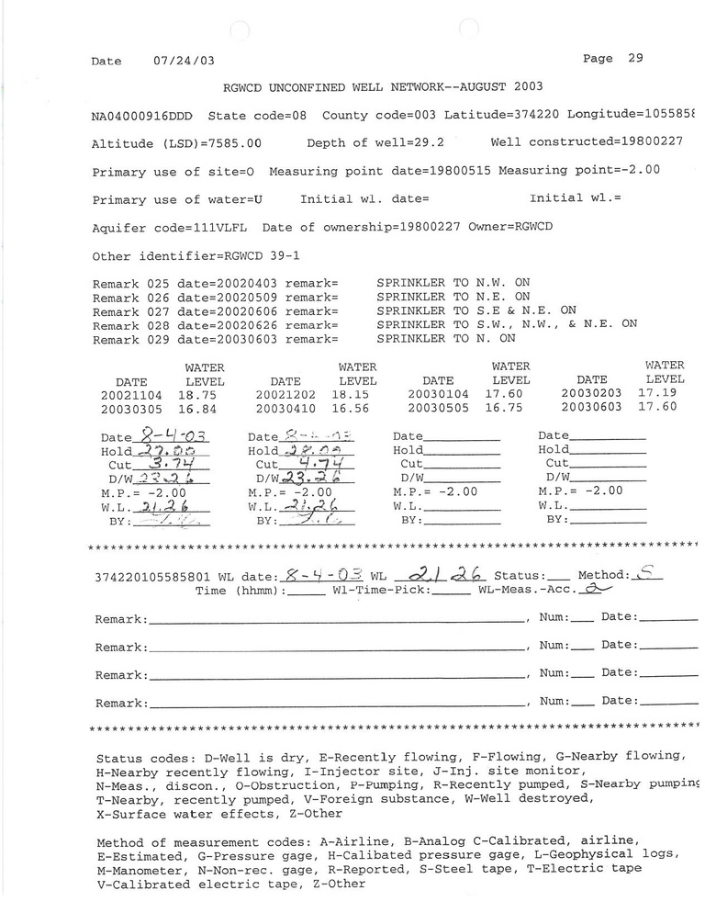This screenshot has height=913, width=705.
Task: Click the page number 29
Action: tap(635, 58)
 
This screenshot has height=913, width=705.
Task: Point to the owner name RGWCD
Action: tap(536, 227)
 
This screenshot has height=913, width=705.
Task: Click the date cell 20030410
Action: tap(286, 407)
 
